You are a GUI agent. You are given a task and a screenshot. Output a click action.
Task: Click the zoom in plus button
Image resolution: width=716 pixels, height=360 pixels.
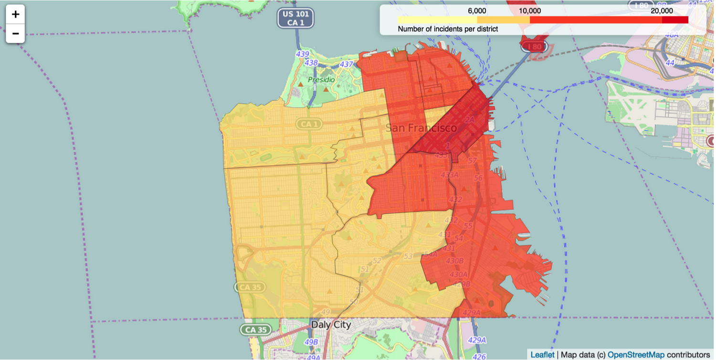[15, 14]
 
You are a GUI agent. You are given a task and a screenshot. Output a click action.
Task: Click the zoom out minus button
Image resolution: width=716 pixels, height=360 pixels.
[15, 33]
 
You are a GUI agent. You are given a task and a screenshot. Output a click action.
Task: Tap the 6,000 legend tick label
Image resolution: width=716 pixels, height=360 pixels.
[477, 11]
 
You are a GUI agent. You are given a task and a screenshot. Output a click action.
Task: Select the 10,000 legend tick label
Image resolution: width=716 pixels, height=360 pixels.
[530, 11]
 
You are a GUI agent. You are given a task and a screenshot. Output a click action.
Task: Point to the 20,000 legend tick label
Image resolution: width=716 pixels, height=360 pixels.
[662, 11]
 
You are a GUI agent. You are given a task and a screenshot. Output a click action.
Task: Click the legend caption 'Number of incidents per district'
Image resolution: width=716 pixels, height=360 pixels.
[448, 29]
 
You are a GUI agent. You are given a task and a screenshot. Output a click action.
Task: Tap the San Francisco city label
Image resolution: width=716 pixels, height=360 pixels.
[421, 128]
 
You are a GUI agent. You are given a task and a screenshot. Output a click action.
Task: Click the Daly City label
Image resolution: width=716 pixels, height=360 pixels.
[331, 325]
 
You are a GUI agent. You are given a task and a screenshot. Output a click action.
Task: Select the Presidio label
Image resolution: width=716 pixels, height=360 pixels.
[321, 79]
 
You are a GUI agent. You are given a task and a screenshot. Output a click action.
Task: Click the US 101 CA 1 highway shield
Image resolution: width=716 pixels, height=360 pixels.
[296, 18]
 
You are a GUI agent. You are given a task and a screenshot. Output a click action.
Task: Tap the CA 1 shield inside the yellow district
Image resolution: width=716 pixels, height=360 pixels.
[309, 124]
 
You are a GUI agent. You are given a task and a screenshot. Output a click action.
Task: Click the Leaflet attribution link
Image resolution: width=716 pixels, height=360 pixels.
[542, 355]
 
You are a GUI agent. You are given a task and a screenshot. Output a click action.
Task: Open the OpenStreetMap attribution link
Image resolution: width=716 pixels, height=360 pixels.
[636, 355]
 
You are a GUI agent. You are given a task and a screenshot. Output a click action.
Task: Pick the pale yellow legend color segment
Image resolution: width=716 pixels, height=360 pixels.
[437, 20]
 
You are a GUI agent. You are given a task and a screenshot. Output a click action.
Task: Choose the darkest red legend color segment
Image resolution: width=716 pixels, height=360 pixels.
[675, 20]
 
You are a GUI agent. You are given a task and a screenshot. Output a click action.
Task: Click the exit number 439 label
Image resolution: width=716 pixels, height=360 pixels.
[302, 54]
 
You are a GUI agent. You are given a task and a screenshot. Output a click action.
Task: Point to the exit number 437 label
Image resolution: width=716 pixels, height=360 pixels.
[346, 64]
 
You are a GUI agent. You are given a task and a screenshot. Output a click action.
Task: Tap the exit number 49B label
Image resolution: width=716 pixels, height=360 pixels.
[311, 342]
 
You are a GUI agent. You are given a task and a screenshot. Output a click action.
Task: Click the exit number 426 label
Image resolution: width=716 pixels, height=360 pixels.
[479, 356]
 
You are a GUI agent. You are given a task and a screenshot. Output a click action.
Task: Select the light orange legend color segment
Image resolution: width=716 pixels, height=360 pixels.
[503, 20]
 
